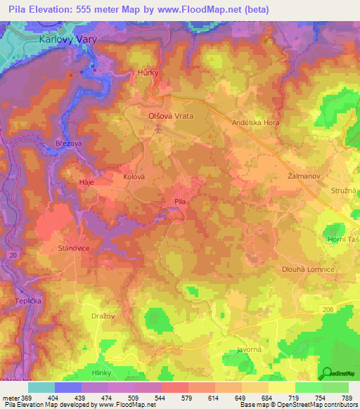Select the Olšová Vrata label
170,115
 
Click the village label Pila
180,202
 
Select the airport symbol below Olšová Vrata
158,129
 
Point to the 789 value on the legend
347,398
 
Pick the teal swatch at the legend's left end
41,387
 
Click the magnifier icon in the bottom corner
327,373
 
